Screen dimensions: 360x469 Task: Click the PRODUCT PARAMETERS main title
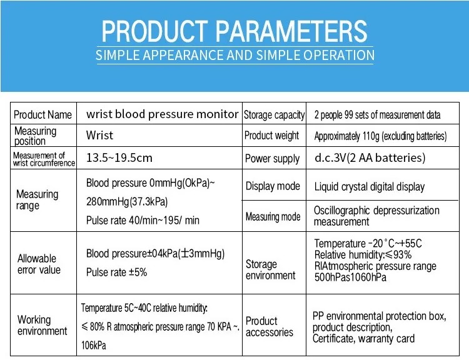coord(234,31)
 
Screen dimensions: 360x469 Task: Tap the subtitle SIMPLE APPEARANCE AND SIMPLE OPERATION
coord(234,55)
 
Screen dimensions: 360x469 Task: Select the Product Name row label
coord(43,115)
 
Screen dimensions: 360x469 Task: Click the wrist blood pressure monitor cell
coord(162,114)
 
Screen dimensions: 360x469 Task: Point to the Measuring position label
coord(35,136)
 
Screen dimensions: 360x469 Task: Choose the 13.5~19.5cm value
coord(119,157)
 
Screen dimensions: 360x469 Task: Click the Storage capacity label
coord(274,115)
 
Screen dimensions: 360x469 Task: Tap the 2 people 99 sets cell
coord(377,115)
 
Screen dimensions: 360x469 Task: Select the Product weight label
coord(271,136)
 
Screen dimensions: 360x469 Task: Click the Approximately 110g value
coord(380,136)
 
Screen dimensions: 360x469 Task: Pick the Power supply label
coord(272,158)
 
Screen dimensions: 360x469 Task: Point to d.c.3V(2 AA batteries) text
coord(370,157)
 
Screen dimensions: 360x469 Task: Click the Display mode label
coord(273,186)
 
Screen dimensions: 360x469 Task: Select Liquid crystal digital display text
coord(369,187)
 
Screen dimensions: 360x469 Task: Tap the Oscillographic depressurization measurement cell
coord(376,216)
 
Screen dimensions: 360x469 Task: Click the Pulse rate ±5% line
coord(117,272)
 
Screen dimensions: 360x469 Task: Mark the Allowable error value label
coord(39,264)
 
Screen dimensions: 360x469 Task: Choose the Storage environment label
coord(270,270)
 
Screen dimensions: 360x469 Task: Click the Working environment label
coord(42,325)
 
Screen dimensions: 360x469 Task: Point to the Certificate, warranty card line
coord(363,339)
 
